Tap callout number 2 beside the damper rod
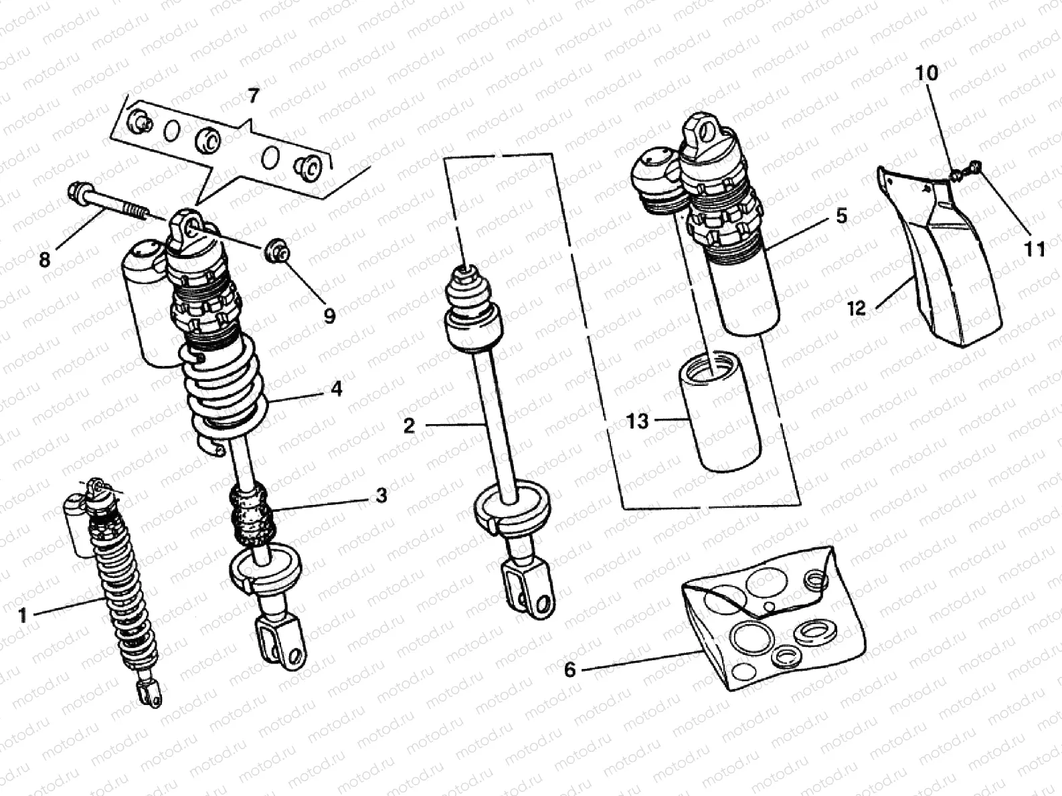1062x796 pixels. click(x=410, y=425)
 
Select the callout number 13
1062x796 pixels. click(x=638, y=421)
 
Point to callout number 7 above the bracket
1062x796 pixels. click(x=252, y=96)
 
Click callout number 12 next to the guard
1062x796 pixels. click(x=857, y=308)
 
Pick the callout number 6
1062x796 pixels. click(x=570, y=670)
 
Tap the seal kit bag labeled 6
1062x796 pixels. click(x=770, y=615)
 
